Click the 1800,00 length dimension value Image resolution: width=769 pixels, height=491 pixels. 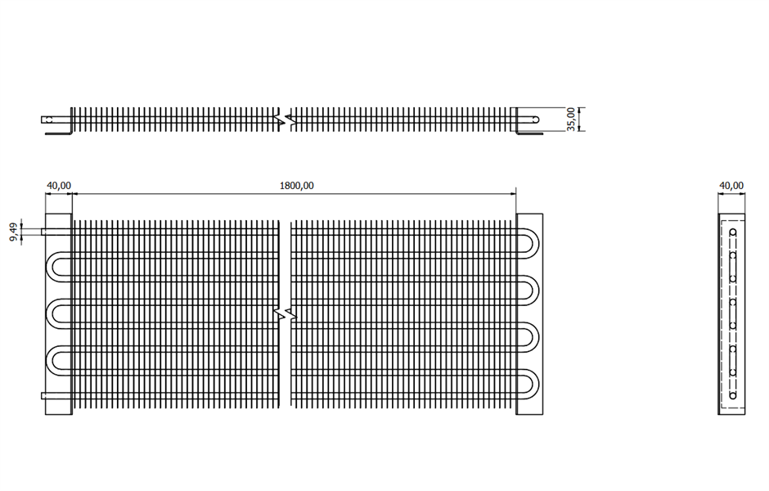(296, 186)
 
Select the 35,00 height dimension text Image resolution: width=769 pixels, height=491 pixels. (571, 119)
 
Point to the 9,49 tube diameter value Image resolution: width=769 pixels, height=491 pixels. (14, 232)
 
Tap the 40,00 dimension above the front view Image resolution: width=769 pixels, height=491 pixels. (58, 186)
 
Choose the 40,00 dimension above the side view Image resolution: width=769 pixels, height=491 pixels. (731, 186)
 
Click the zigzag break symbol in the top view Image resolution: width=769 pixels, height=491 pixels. (286, 119)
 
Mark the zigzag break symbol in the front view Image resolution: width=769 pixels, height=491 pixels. (286, 314)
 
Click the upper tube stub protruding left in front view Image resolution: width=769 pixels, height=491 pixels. (56, 232)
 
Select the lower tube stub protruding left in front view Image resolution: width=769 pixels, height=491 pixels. (56, 395)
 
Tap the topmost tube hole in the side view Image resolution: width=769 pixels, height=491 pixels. (733, 232)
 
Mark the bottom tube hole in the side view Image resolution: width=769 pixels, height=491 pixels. (733, 395)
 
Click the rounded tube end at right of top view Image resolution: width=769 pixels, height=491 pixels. (535, 119)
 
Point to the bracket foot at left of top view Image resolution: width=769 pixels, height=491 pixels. (58, 133)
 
